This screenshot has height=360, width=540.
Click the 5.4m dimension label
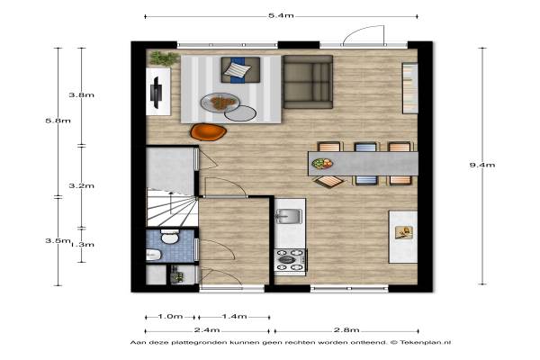point(281,15)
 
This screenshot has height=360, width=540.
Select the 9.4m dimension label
point(482,165)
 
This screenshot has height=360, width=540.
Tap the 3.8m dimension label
point(81,95)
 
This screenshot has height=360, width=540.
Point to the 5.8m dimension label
point(58,121)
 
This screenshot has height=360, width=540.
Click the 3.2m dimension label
point(81,185)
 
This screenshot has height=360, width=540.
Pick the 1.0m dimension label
point(170,316)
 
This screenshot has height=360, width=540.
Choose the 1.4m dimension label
point(234,316)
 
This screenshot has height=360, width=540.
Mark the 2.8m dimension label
point(346,330)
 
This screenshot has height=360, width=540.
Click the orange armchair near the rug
point(209,131)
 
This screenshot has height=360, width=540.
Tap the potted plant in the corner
point(164,58)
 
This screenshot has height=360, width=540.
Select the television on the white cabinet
point(156,93)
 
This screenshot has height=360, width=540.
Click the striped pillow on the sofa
point(237,70)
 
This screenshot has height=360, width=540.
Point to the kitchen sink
point(289,216)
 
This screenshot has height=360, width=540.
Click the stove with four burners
point(290,260)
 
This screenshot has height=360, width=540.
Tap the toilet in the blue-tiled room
point(170,237)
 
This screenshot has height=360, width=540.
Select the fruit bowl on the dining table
point(322,163)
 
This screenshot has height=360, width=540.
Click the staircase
point(172,207)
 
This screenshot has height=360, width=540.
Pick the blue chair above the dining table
point(365,147)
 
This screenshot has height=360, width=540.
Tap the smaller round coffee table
point(240,113)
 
